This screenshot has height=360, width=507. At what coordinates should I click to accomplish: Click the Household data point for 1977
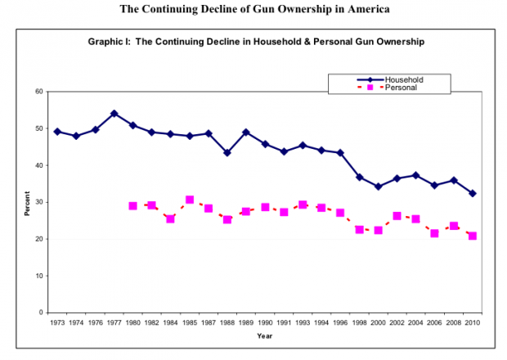(x=114, y=114)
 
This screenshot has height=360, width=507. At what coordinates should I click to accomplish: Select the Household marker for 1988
(x=227, y=152)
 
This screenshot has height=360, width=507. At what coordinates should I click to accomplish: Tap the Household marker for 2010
(x=473, y=193)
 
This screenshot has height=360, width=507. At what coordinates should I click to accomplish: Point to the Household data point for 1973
(x=57, y=132)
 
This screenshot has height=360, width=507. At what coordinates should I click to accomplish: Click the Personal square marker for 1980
(x=132, y=206)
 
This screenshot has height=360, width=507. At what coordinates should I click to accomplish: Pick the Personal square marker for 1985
(x=190, y=200)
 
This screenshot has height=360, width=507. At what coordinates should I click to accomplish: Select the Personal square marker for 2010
(x=473, y=236)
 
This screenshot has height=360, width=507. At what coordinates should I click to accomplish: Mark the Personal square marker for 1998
(x=359, y=230)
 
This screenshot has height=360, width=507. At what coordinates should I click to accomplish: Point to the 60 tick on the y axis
(x=38, y=92)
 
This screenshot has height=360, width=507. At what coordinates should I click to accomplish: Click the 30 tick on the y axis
(x=38, y=202)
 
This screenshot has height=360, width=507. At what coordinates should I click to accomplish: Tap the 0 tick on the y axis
(x=41, y=313)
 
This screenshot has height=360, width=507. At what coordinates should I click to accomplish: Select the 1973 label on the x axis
(x=57, y=323)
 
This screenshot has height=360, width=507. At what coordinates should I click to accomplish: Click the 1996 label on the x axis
(x=340, y=323)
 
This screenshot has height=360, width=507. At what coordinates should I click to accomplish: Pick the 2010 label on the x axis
(x=473, y=323)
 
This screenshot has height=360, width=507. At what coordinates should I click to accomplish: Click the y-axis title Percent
(x=27, y=202)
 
